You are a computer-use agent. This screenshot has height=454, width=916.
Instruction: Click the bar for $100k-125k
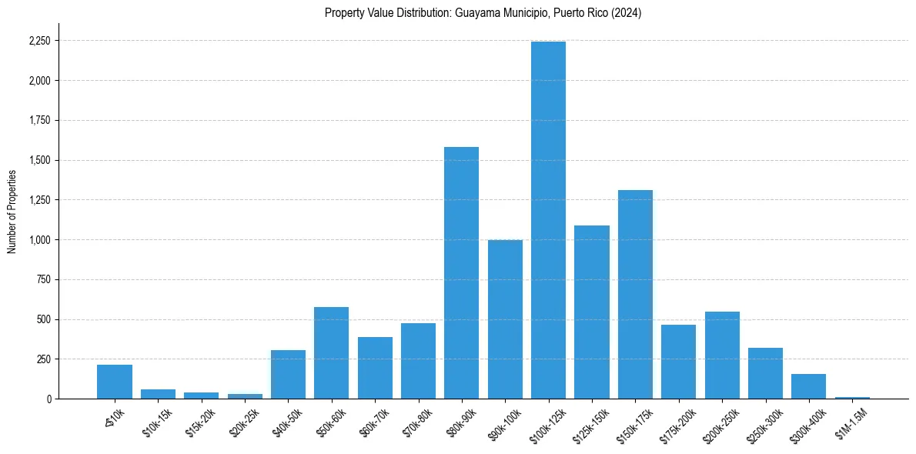[548, 220]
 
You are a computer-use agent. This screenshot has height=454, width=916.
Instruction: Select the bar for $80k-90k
[461, 272]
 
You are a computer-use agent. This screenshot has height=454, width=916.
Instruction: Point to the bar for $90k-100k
[505, 319]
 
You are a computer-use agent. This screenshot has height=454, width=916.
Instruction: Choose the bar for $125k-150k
[591, 312]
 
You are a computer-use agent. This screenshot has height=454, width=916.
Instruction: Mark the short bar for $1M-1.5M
[852, 397]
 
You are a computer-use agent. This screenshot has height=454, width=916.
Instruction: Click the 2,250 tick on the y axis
[38, 41]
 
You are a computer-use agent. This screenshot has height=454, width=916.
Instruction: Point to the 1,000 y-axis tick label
[38, 240]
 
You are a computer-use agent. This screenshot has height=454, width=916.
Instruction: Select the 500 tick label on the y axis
[43, 319]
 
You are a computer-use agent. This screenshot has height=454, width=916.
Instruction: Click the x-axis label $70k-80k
[417, 423]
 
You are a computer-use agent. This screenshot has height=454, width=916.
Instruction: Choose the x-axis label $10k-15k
[157, 423]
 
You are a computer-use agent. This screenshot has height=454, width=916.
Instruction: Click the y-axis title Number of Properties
[12, 212]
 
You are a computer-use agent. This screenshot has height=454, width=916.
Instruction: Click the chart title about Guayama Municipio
[483, 13]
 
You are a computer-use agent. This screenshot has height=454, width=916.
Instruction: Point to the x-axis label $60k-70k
[374, 423]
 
